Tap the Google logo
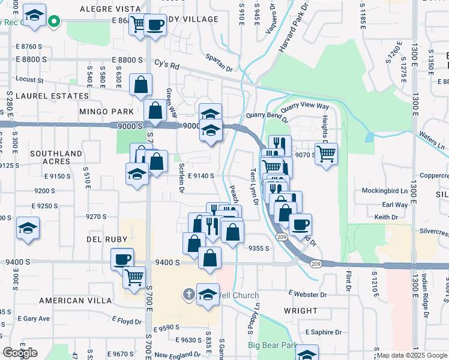click(20, 353)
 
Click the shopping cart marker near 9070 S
click(326, 153)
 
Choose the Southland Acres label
click(56, 158)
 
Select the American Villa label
click(75, 300)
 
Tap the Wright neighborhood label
click(300, 311)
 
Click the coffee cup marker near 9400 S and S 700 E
click(122, 259)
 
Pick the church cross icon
click(189, 293)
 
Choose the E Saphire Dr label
click(323, 332)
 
